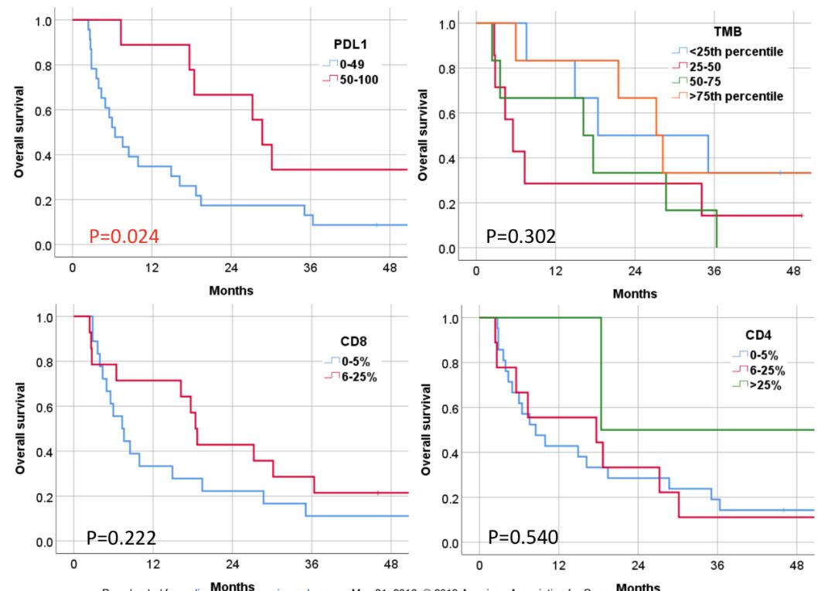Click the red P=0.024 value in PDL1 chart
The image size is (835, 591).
[124, 237]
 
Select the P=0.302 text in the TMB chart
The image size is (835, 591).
[520, 237]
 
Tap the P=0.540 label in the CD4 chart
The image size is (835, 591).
[523, 535]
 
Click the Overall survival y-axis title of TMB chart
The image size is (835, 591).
[423, 135]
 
